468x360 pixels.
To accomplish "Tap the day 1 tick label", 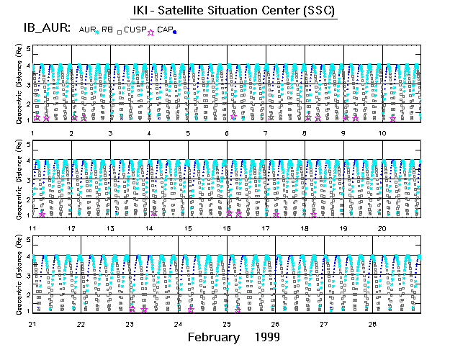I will [33, 133].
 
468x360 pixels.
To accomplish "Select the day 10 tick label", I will [382, 133].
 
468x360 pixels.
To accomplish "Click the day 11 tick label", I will [32, 228].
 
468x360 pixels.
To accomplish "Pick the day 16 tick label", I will [227, 228].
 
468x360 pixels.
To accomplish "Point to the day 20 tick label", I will [382, 228].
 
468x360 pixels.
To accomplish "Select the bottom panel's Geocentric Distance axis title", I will [19, 277].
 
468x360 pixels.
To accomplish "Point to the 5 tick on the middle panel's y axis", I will [29, 145].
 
